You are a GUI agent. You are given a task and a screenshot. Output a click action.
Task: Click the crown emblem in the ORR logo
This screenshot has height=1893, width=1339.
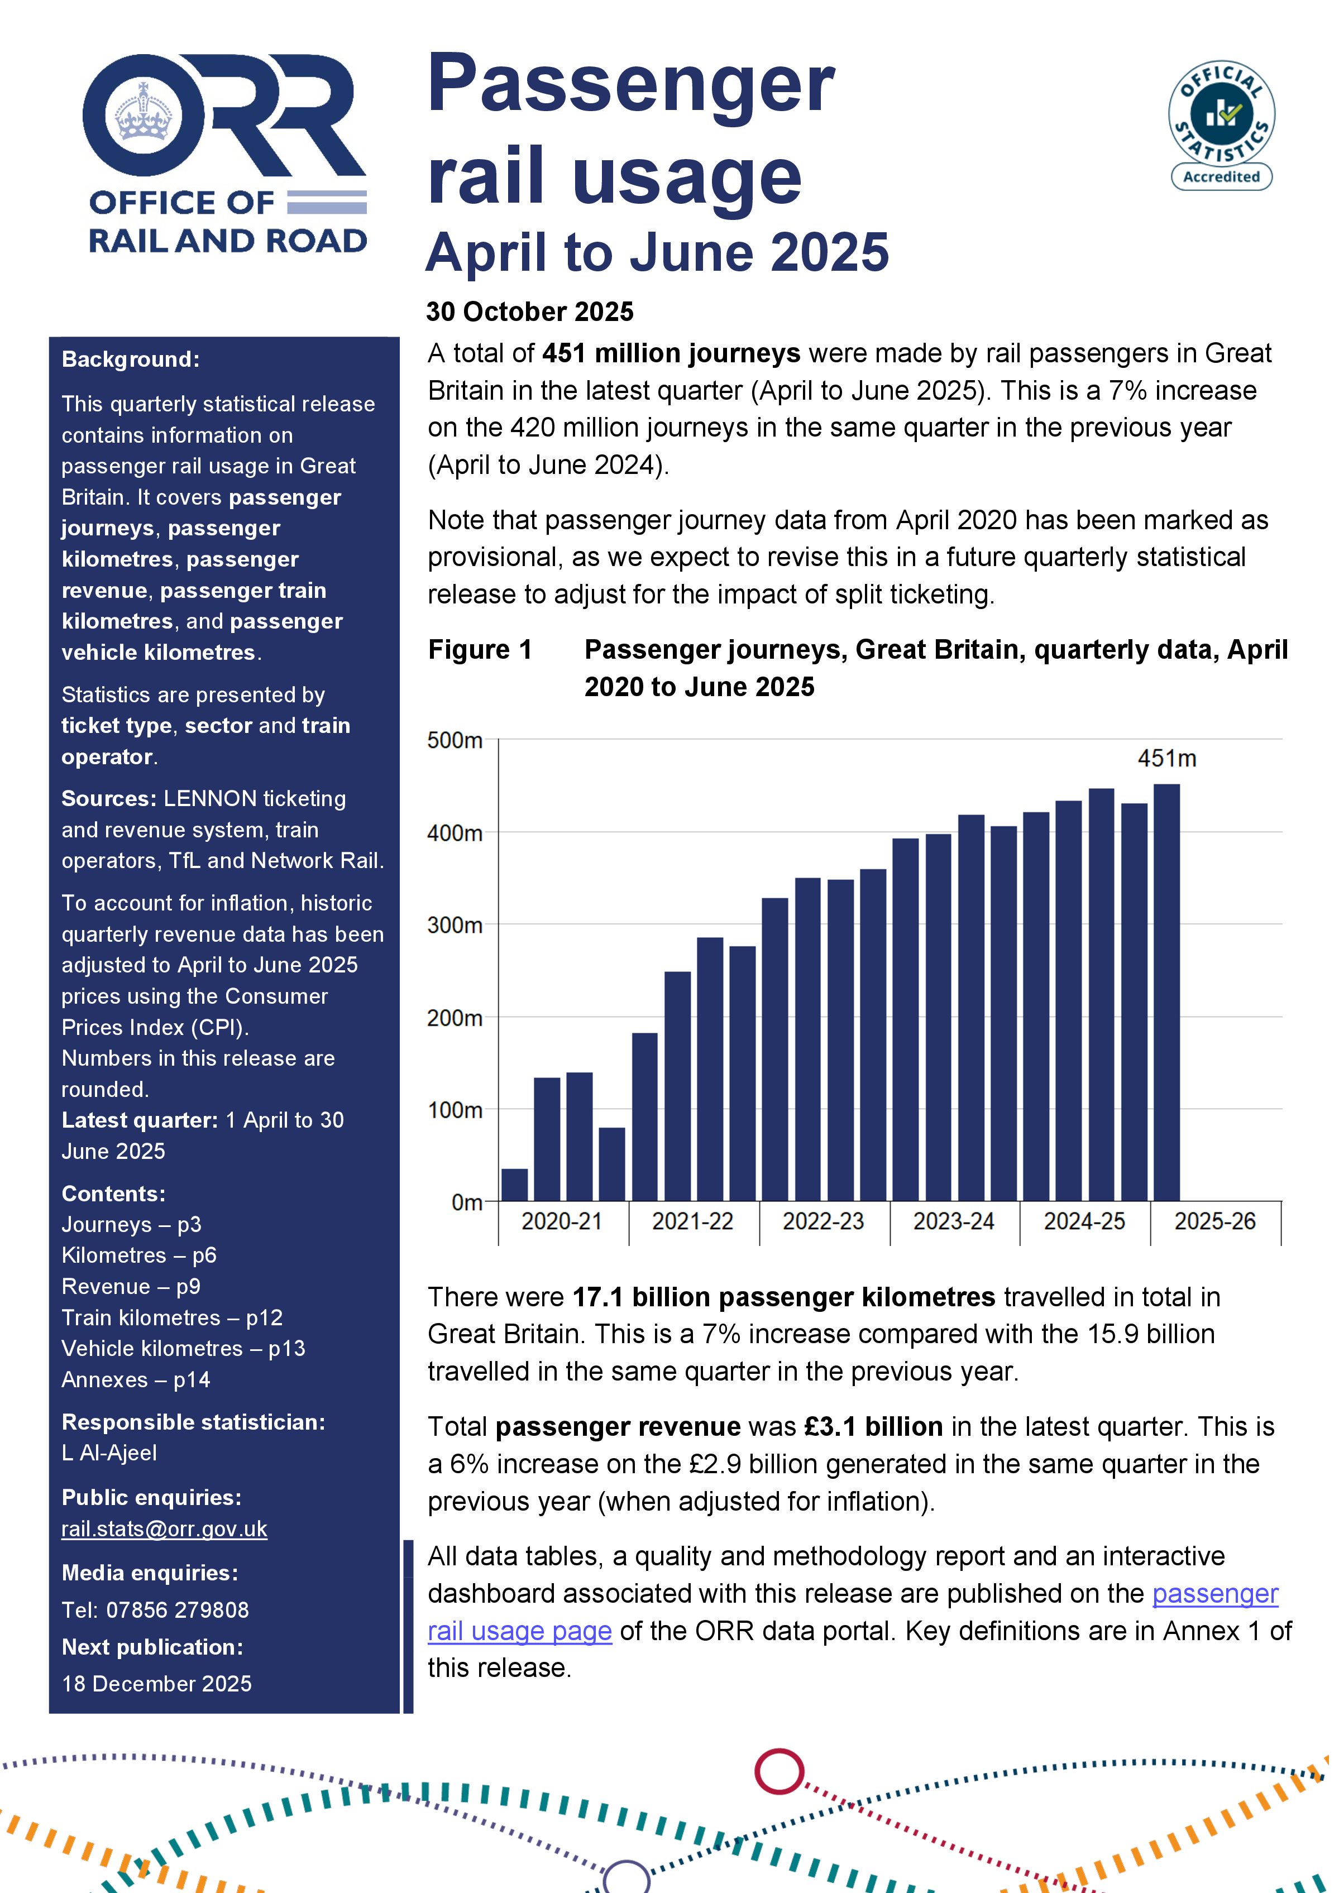(x=144, y=114)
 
